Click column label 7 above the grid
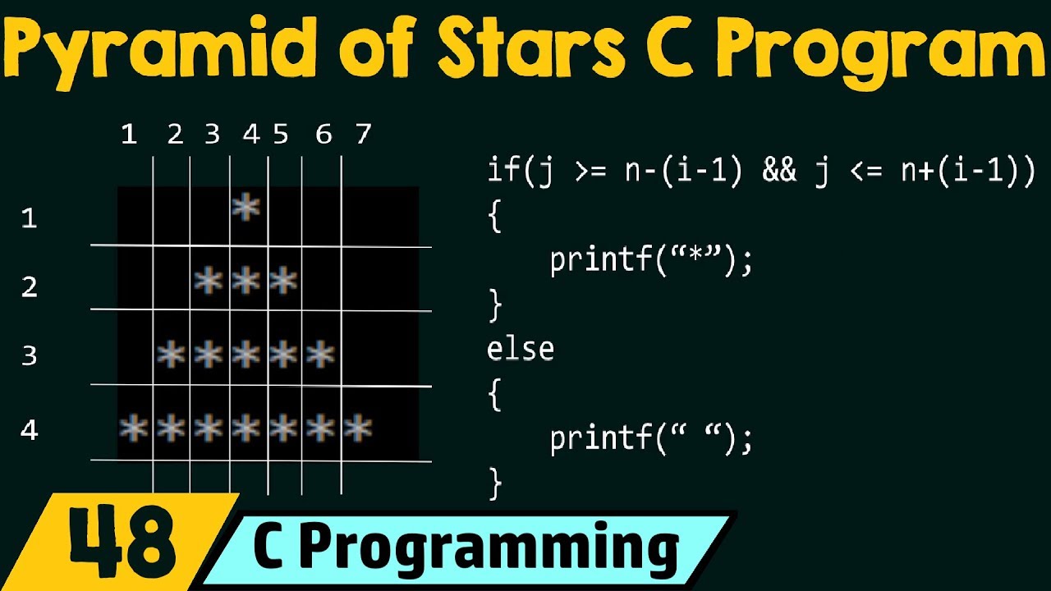point(363,134)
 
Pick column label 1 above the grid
point(128,134)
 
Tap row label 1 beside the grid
point(30,218)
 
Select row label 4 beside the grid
point(30,429)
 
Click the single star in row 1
point(246,208)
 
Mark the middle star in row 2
point(246,282)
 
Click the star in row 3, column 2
point(171,355)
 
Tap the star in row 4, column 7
point(358,428)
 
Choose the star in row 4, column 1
point(133,428)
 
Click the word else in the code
point(521,350)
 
